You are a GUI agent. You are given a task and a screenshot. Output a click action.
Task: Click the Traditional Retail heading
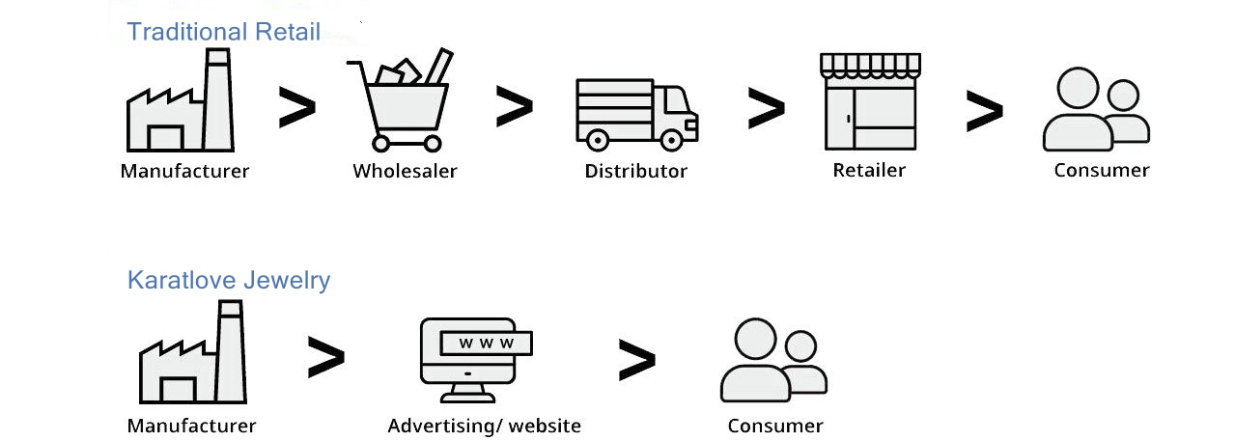tap(223, 32)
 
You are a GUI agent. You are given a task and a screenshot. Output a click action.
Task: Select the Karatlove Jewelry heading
tap(229, 281)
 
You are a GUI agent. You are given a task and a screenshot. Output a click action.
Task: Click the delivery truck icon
tap(635, 114)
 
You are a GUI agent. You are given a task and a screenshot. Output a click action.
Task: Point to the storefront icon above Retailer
tap(869, 101)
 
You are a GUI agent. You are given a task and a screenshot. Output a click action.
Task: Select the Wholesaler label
tap(405, 172)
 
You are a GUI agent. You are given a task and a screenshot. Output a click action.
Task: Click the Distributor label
tap(635, 172)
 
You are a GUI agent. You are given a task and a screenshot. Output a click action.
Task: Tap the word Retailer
tap(869, 171)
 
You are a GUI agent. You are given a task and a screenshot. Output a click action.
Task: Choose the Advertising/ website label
tap(484, 426)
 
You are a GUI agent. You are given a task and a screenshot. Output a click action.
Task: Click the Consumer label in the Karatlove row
tap(774, 426)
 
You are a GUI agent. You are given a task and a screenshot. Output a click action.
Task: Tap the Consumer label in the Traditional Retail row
tap(1101, 171)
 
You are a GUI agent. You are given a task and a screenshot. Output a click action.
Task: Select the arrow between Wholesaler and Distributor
tap(514, 106)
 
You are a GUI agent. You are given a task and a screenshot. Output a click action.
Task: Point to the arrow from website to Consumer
tap(636, 360)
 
